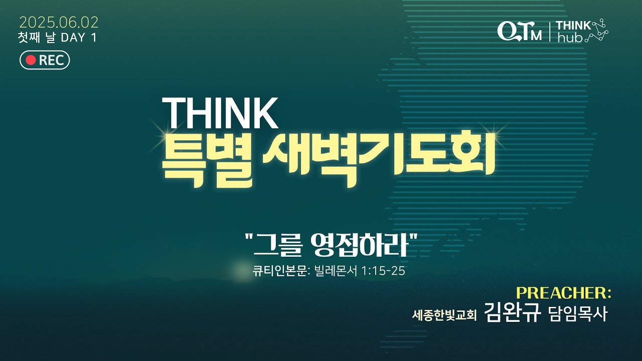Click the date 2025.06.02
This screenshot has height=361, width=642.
pos(59,23)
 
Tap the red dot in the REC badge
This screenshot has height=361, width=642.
pos(31,60)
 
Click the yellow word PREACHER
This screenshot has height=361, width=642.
pos(563,293)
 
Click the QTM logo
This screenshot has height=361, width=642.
pos(519,31)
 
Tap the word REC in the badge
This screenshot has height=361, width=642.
pos(51,61)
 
